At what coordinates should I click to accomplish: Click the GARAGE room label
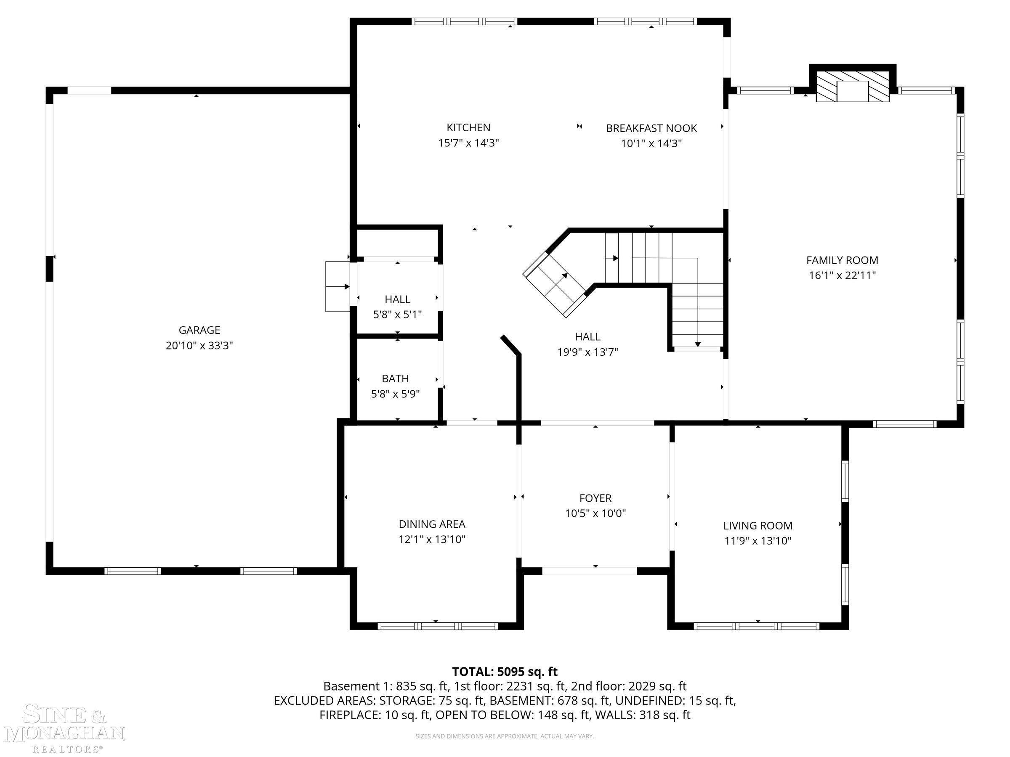(199, 330)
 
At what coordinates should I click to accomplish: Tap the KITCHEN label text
(468, 127)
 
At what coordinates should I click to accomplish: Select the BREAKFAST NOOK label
(651, 128)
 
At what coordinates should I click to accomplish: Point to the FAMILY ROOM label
(842, 260)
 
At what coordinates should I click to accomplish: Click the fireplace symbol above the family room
(853, 86)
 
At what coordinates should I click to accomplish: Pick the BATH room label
(395, 378)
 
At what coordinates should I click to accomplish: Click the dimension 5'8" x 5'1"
(397, 315)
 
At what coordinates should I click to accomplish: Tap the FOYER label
(595, 498)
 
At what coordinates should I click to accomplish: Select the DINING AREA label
(432, 524)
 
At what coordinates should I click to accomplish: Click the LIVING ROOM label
(757, 525)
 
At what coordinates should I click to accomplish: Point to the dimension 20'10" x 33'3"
(199, 345)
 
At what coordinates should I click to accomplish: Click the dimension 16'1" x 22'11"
(842, 275)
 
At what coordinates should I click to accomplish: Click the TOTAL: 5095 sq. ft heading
(505, 671)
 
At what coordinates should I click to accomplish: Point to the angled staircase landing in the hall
(554, 284)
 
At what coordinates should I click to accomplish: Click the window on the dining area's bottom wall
(438, 626)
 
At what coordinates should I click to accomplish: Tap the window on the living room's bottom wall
(757, 626)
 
